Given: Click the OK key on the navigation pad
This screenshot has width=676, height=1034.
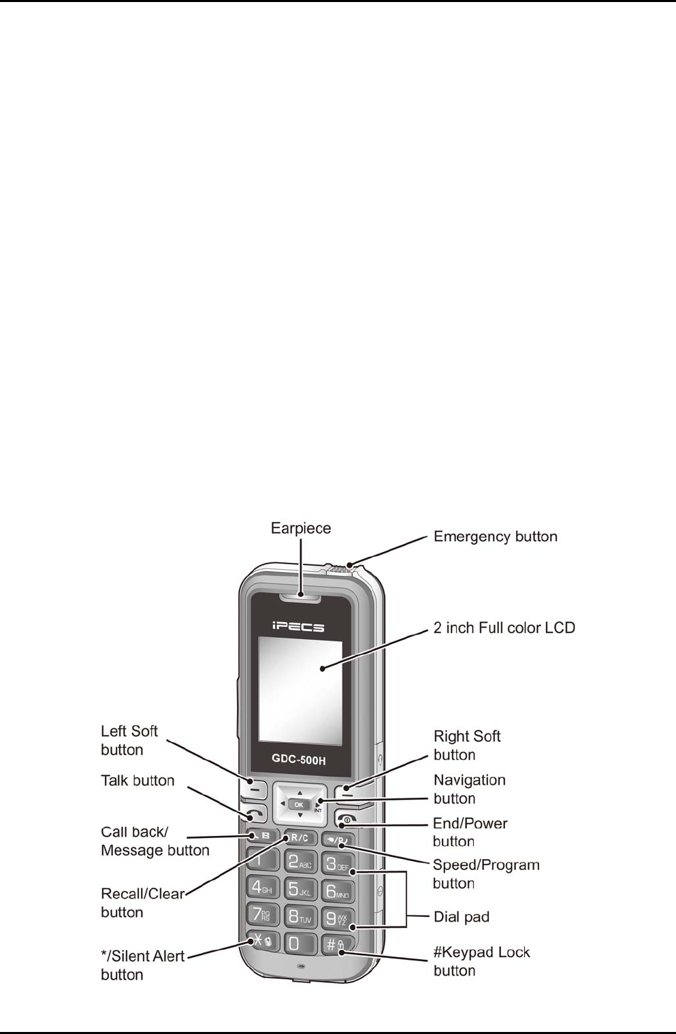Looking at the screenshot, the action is click(299, 805).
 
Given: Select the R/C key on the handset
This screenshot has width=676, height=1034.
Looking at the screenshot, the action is click(300, 838).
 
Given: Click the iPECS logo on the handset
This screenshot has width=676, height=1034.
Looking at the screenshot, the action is click(299, 626).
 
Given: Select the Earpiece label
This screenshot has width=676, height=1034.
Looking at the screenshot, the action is click(301, 528).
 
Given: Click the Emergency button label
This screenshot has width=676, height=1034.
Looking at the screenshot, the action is click(496, 536).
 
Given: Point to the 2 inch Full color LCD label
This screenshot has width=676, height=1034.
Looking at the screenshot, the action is click(504, 627).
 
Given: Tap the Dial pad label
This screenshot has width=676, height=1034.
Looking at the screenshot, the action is click(462, 917).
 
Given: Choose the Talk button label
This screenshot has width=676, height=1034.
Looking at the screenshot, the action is click(138, 780).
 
